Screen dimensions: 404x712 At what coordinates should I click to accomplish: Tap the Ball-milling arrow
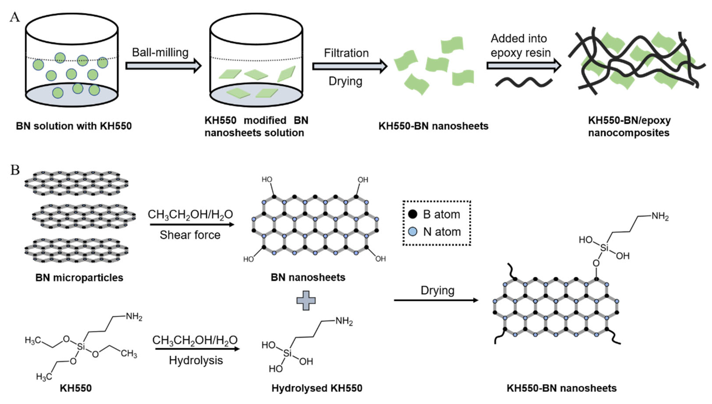(x=163, y=66)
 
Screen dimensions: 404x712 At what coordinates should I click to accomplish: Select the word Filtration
(x=346, y=53)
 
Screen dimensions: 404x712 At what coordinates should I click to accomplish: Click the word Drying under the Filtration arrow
(x=345, y=81)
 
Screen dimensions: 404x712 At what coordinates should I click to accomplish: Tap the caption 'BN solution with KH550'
(x=74, y=126)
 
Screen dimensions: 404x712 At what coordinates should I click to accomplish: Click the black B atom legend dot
(x=413, y=214)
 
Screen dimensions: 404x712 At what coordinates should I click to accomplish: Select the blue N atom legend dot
(x=413, y=231)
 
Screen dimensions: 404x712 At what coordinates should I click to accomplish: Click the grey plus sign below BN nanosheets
(x=306, y=300)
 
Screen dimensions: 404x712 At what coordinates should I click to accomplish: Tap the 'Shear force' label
(x=190, y=235)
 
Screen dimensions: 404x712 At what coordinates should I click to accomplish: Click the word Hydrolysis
(x=196, y=360)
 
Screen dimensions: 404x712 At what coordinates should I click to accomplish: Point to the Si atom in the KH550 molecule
(x=81, y=347)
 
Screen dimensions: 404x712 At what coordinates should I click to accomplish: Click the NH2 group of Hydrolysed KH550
(x=344, y=321)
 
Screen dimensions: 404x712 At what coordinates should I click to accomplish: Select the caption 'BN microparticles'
(x=79, y=277)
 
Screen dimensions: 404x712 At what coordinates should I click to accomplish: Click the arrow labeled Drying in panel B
(x=436, y=300)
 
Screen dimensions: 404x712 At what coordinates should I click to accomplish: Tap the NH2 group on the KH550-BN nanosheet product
(x=660, y=216)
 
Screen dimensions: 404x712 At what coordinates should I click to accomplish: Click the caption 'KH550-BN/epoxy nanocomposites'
(x=629, y=126)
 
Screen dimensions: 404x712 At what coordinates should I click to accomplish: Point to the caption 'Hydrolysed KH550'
(x=317, y=388)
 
